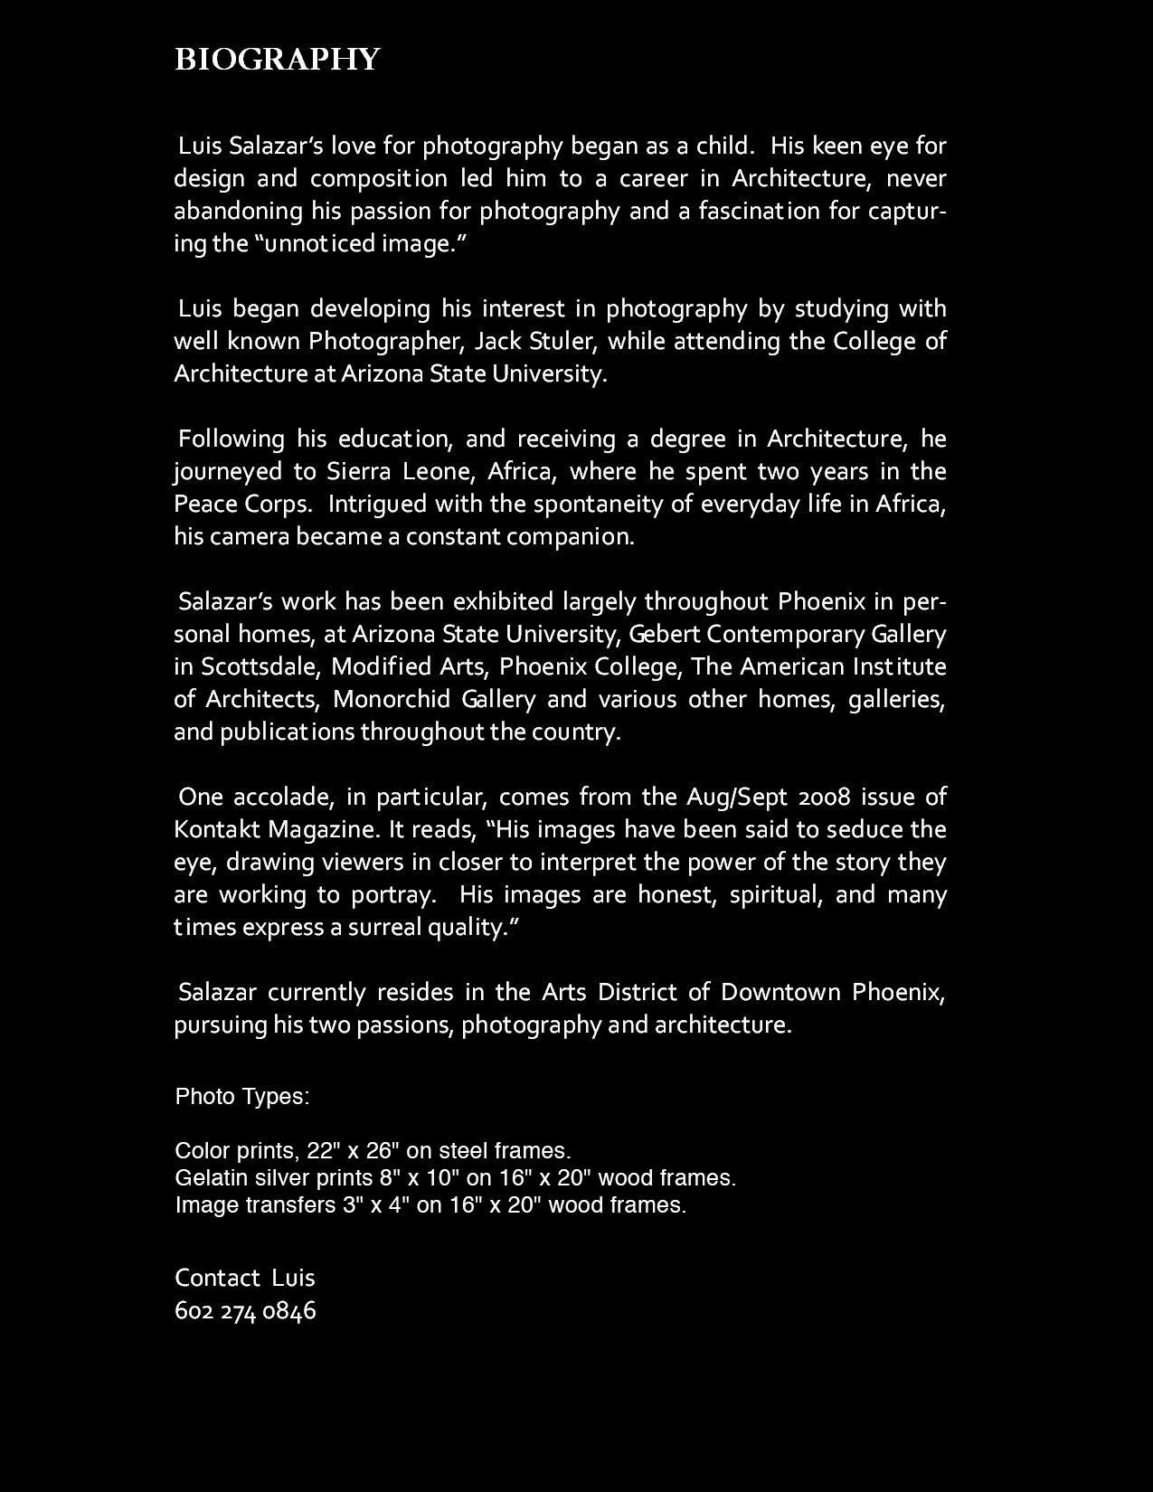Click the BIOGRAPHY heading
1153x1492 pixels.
[x=277, y=60]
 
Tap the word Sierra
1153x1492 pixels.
[x=360, y=471]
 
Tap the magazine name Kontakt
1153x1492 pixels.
[x=216, y=829]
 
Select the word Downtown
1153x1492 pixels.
[x=780, y=992]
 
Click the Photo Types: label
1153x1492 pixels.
[x=242, y=1096]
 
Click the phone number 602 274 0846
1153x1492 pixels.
[x=245, y=1310]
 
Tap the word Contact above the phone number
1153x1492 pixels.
[x=217, y=1278]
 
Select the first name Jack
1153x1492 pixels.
[x=496, y=341]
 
